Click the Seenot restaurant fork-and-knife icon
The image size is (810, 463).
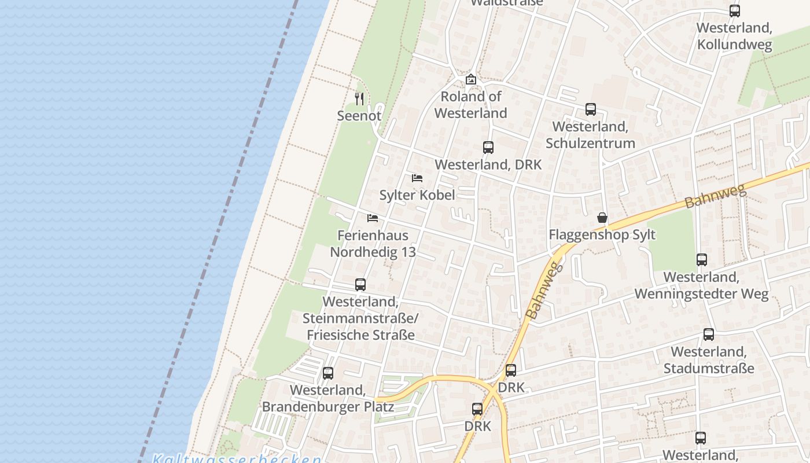click(359, 99)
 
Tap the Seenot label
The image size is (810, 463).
click(359, 116)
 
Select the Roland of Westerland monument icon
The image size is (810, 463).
click(471, 79)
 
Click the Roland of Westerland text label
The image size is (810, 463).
click(471, 105)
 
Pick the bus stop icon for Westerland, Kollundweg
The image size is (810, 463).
click(735, 11)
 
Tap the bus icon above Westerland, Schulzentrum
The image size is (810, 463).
click(591, 109)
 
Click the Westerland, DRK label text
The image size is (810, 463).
click(488, 164)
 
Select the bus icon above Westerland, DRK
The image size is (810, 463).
click(488, 148)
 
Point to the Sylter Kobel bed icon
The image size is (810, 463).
click(417, 178)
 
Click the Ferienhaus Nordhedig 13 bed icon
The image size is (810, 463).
click(373, 218)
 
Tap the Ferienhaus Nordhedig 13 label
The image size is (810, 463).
click(373, 244)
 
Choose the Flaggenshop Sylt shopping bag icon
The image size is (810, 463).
click(602, 218)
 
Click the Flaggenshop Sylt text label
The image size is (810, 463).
click(602, 234)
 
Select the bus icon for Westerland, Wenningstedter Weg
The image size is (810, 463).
click(702, 260)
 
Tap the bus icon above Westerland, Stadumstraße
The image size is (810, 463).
click(709, 335)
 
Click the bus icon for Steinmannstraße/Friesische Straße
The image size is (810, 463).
click(360, 285)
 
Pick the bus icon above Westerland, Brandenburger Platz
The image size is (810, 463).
click(328, 373)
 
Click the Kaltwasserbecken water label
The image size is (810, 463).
click(237, 459)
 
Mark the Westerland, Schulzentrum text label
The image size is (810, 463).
click(590, 135)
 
